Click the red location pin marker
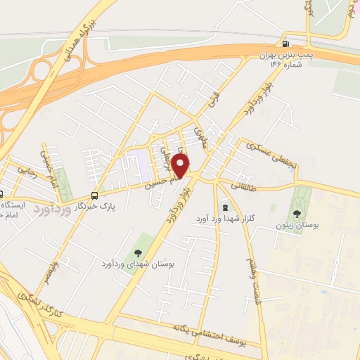pyautogui.click(x=181, y=165)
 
